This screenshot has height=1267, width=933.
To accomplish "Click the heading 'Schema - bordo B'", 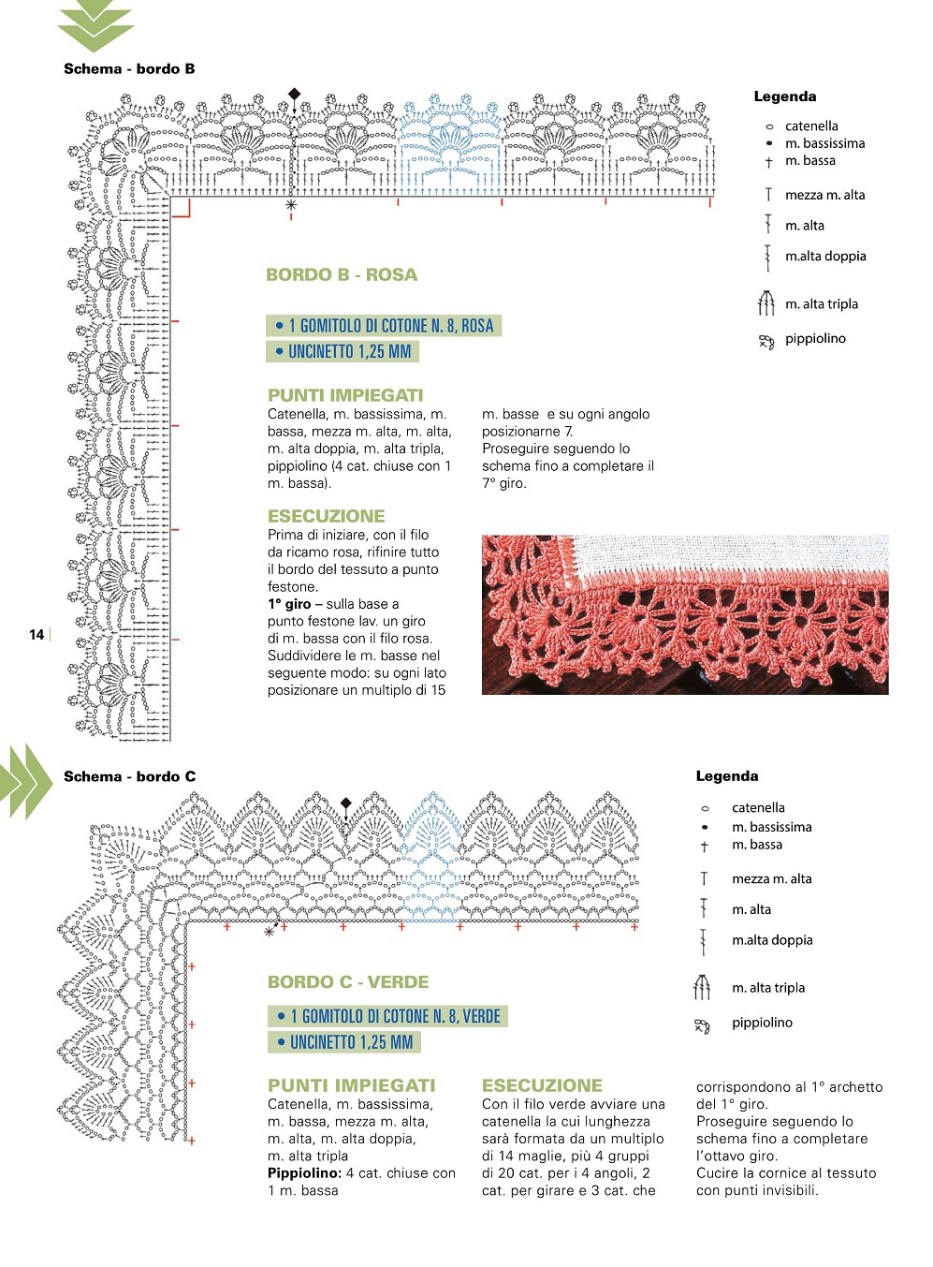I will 129,68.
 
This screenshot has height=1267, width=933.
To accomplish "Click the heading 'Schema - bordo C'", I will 129,776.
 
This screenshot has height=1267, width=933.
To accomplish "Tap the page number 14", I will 36,635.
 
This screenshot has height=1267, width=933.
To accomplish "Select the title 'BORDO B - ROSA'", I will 342,274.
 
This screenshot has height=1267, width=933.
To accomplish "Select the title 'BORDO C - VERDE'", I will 348,981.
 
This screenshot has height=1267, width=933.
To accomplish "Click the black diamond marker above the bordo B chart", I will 295,94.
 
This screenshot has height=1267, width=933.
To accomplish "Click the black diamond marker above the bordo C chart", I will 345,803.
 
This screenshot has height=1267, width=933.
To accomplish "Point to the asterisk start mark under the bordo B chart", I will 291,204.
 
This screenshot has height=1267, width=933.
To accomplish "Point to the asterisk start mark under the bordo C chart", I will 270,932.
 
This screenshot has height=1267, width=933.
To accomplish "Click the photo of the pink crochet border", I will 684,614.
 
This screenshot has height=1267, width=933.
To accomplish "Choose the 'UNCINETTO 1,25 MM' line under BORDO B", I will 343,351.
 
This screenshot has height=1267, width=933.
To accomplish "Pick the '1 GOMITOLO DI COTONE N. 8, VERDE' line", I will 388,1016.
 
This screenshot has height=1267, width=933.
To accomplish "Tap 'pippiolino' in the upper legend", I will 815,339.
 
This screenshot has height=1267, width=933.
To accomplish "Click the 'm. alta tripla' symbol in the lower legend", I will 702,987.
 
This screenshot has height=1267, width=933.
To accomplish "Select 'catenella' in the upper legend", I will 811,126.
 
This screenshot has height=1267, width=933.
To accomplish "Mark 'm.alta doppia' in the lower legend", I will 772,940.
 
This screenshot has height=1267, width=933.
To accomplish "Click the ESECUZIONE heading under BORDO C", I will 542,1085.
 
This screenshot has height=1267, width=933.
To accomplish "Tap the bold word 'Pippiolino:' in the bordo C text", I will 304,1173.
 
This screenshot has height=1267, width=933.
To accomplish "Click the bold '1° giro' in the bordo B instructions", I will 289,604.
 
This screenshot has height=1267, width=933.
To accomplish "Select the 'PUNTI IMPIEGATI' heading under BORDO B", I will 345,395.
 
